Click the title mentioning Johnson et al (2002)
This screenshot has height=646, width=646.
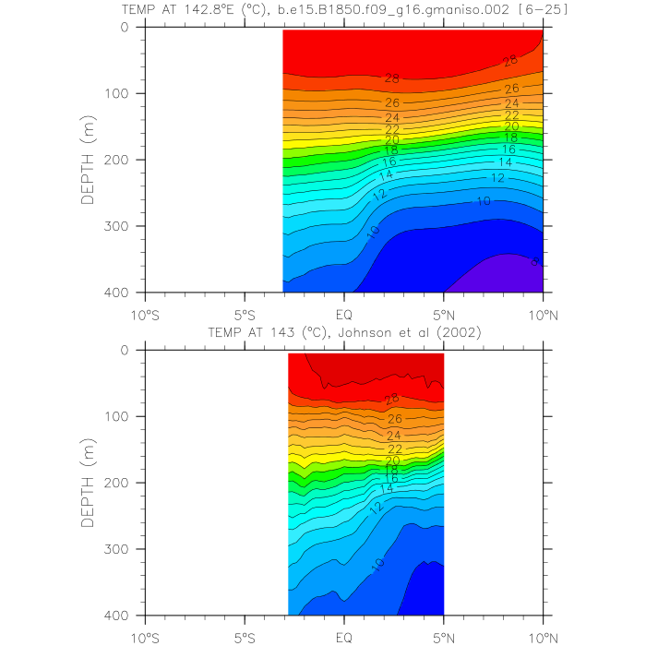(344, 332)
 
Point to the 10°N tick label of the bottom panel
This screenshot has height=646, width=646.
(544, 635)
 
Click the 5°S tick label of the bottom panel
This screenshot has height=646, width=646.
(245, 635)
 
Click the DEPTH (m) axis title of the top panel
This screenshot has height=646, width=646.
(89, 160)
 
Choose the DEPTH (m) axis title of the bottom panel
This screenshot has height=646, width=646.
(89, 483)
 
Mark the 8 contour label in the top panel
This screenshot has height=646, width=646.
(535, 262)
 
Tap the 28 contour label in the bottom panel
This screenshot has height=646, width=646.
(392, 399)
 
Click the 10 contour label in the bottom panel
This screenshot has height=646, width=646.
(379, 564)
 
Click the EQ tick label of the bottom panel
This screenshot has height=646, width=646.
(344, 635)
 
